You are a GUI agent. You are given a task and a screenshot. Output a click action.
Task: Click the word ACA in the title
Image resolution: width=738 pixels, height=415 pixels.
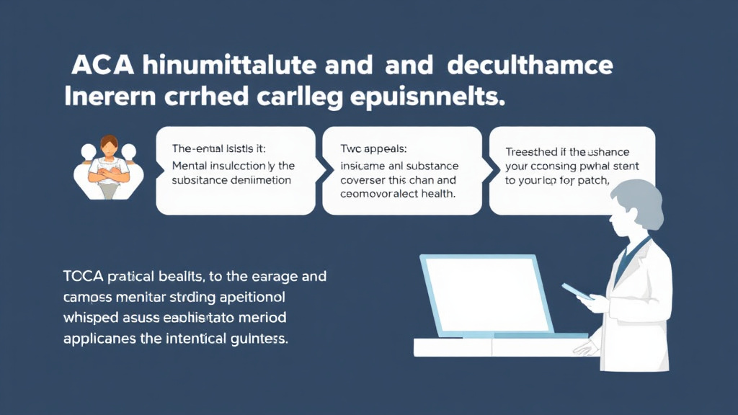[102, 66]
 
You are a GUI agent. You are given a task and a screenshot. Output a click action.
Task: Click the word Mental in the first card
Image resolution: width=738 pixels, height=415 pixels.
[191, 165]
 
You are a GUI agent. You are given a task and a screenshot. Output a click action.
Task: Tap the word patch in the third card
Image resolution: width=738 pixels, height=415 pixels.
[591, 180]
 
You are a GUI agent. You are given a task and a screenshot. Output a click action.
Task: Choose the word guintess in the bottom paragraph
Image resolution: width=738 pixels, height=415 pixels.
[259, 338]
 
